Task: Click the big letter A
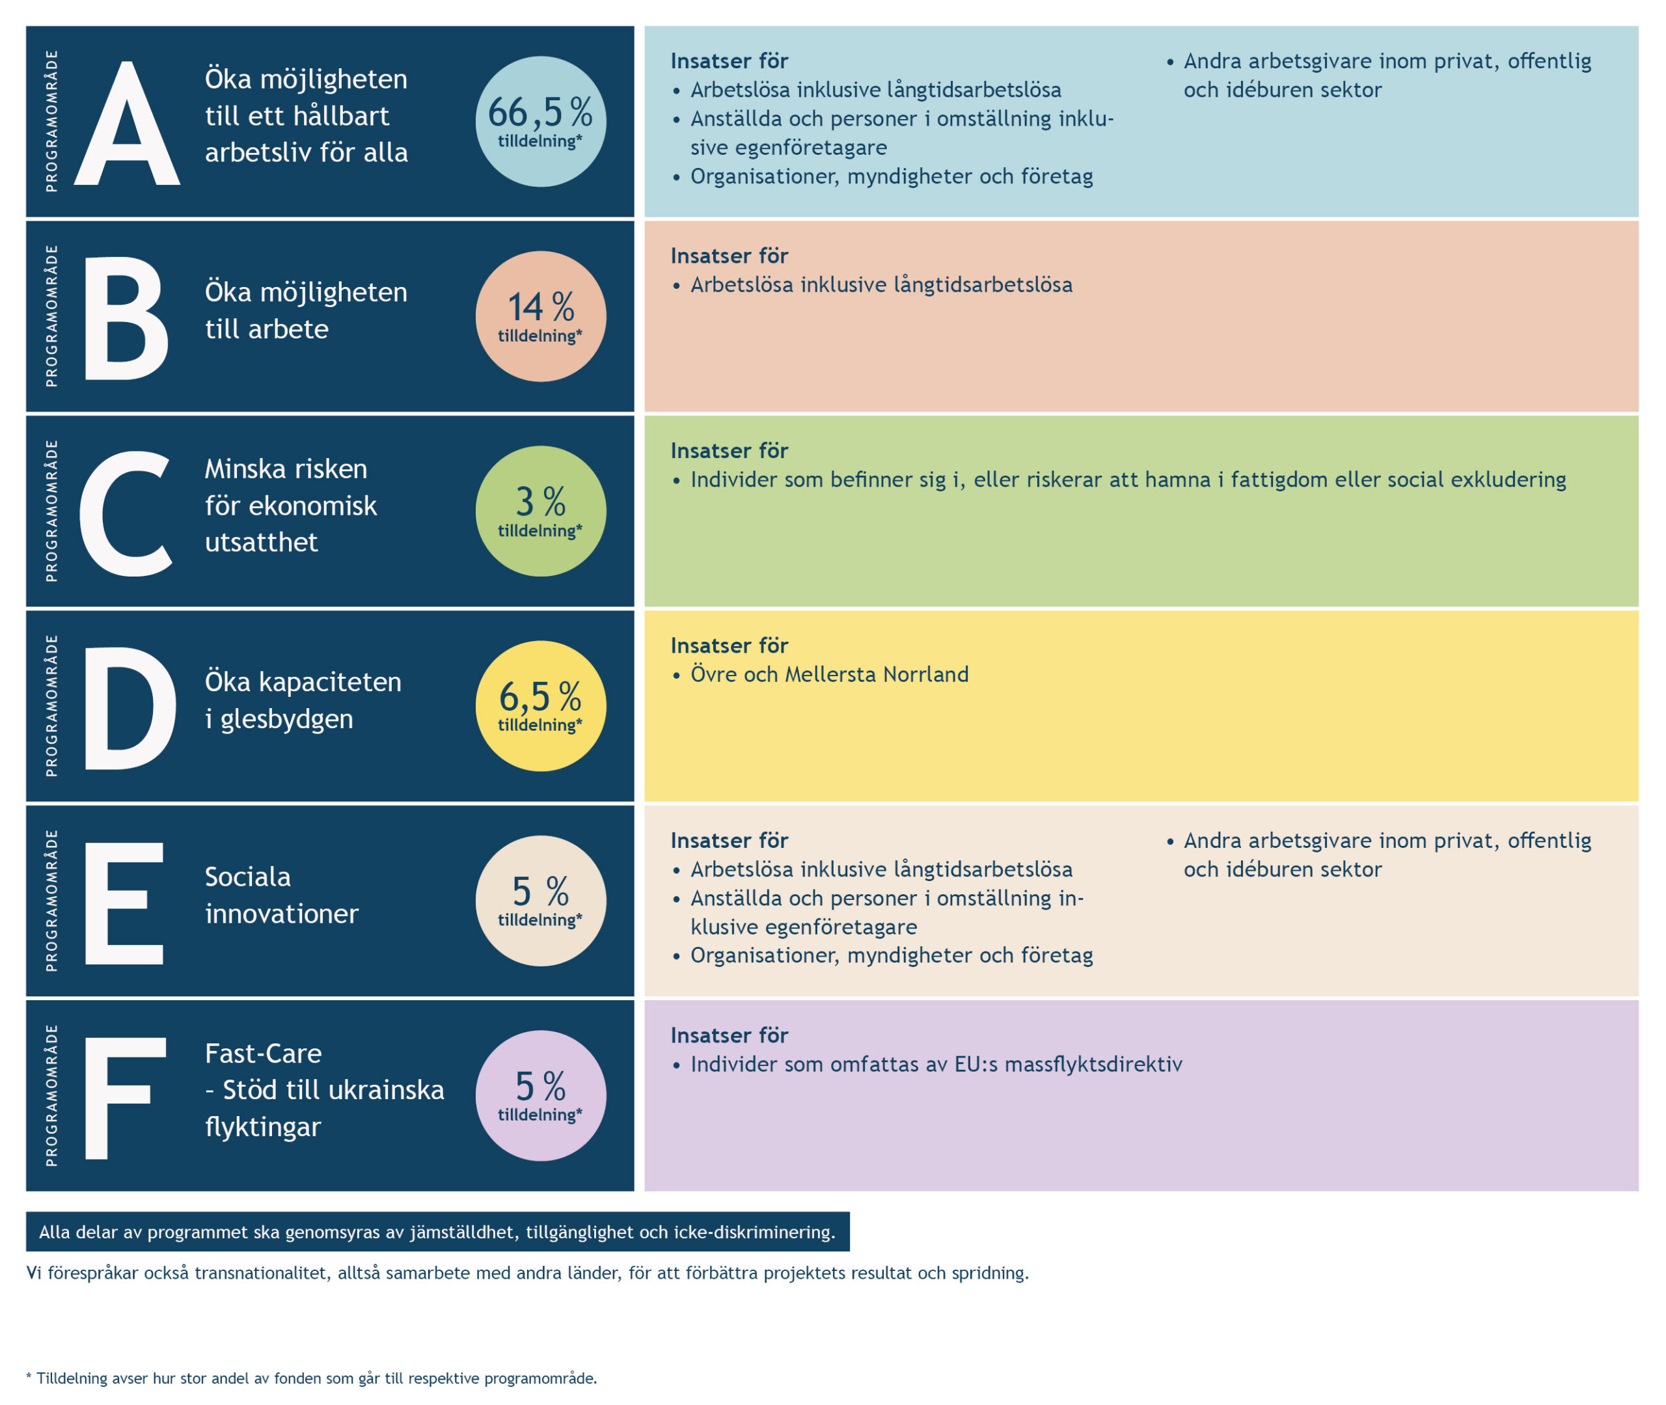coord(127,125)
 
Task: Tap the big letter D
coord(129,708)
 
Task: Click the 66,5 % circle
coord(541,122)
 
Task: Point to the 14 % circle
coord(541,316)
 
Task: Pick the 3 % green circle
coord(541,512)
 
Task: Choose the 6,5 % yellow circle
coord(541,705)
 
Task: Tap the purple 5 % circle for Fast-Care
coord(541,1096)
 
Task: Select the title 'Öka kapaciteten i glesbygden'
coord(303,700)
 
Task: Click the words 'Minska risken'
coord(286,469)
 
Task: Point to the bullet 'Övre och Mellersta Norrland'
coord(829,675)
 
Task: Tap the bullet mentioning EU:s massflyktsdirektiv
coord(936,1065)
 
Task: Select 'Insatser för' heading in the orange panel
coord(729,256)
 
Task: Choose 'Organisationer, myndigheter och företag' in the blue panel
coord(891,176)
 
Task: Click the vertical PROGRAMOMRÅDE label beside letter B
coord(52,316)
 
